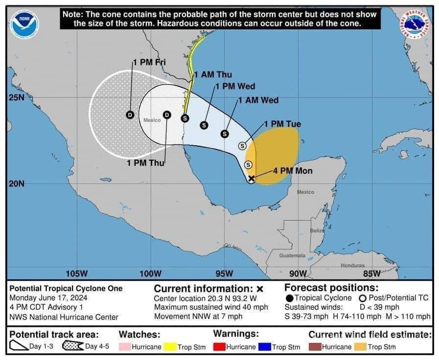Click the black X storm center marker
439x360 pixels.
[251, 179]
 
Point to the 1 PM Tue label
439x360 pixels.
[282, 124]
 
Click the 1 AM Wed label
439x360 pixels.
[258, 100]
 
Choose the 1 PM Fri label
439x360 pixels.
[149, 62]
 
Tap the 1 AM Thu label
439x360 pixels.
[213, 75]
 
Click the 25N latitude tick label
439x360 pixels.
[16, 98]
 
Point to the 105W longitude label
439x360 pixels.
[76, 273]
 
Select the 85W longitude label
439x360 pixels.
[372, 273]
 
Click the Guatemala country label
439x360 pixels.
[292, 255]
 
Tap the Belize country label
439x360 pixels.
[317, 230]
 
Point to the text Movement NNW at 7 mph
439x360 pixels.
[198, 316]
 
